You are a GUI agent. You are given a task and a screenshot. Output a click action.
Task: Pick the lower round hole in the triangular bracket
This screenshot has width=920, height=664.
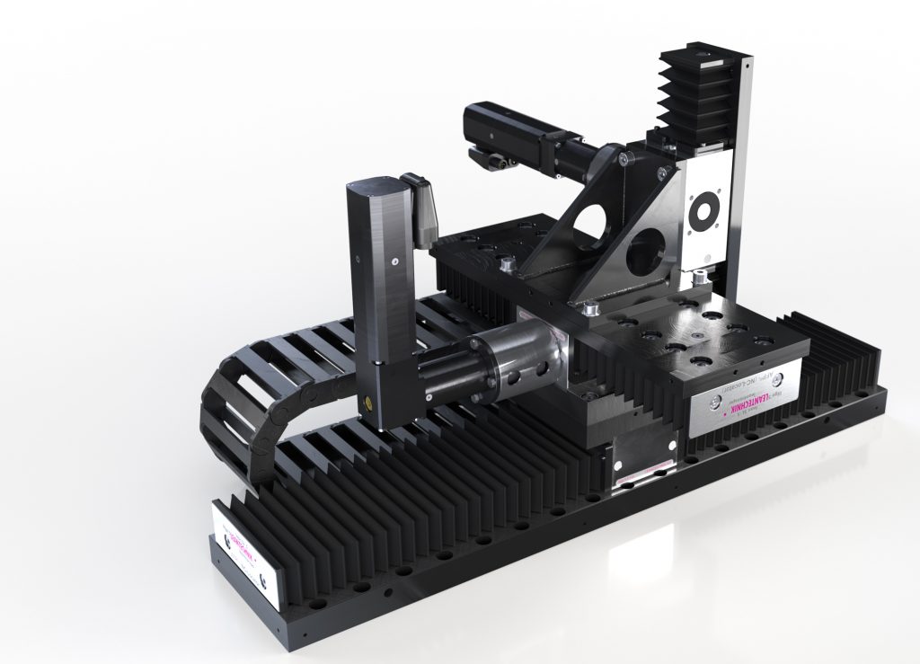[647, 250]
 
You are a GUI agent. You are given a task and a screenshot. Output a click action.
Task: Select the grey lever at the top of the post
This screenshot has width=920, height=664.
[420, 206]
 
